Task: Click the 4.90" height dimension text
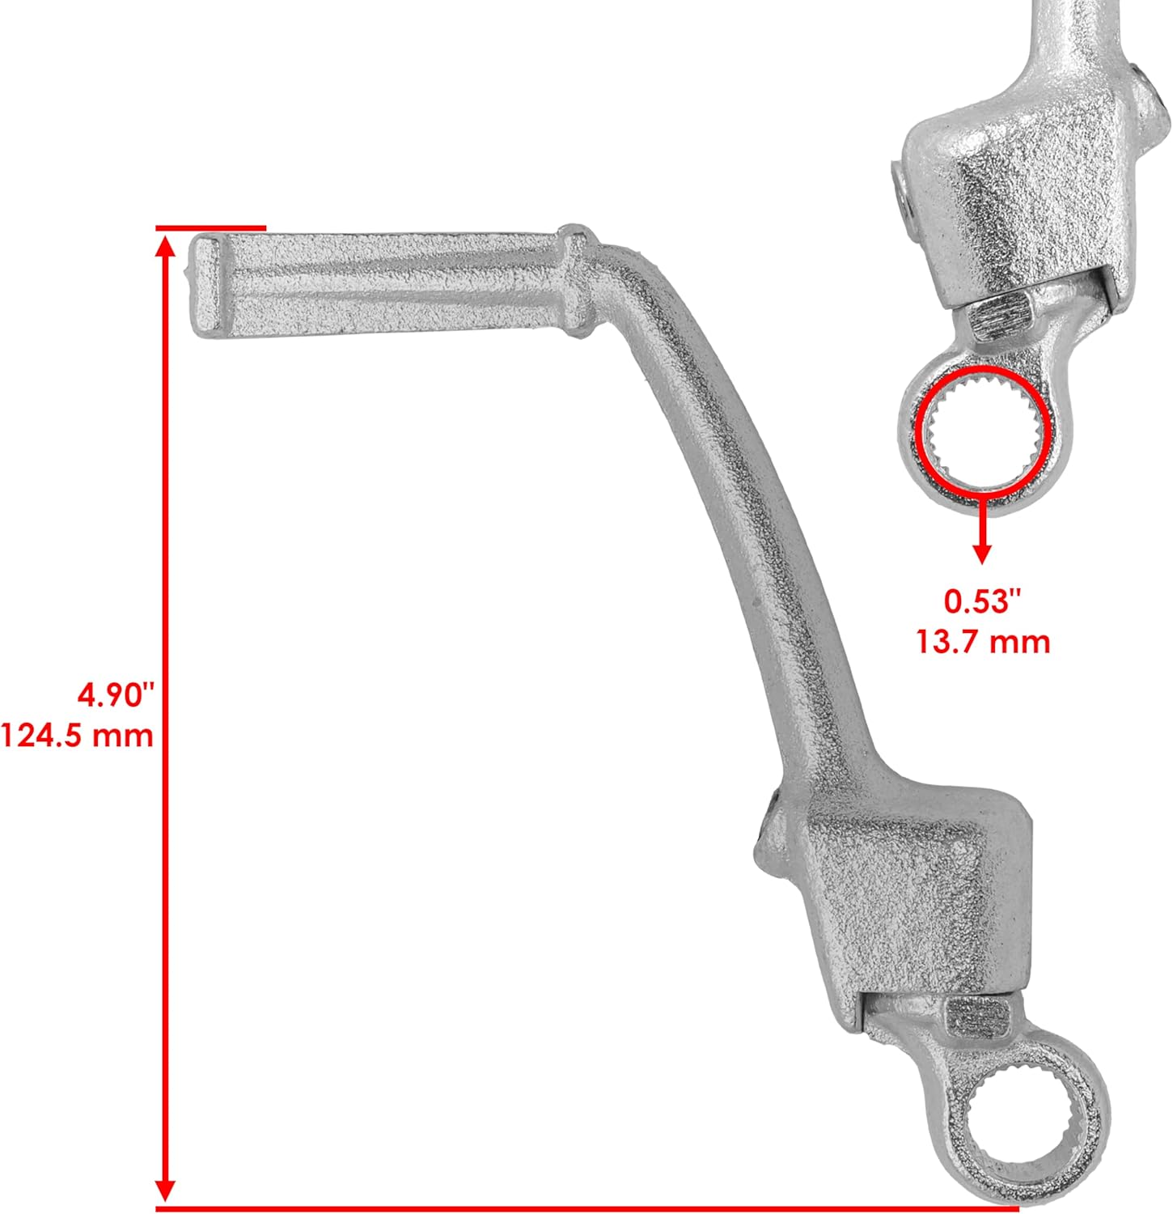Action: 114,694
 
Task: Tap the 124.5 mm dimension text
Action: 77,736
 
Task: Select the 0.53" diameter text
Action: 984,601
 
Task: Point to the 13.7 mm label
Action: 984,643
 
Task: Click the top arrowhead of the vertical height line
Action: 166,247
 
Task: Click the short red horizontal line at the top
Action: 210,228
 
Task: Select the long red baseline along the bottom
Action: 582,1208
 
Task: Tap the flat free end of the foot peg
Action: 202,285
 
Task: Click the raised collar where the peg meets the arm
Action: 575,279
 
